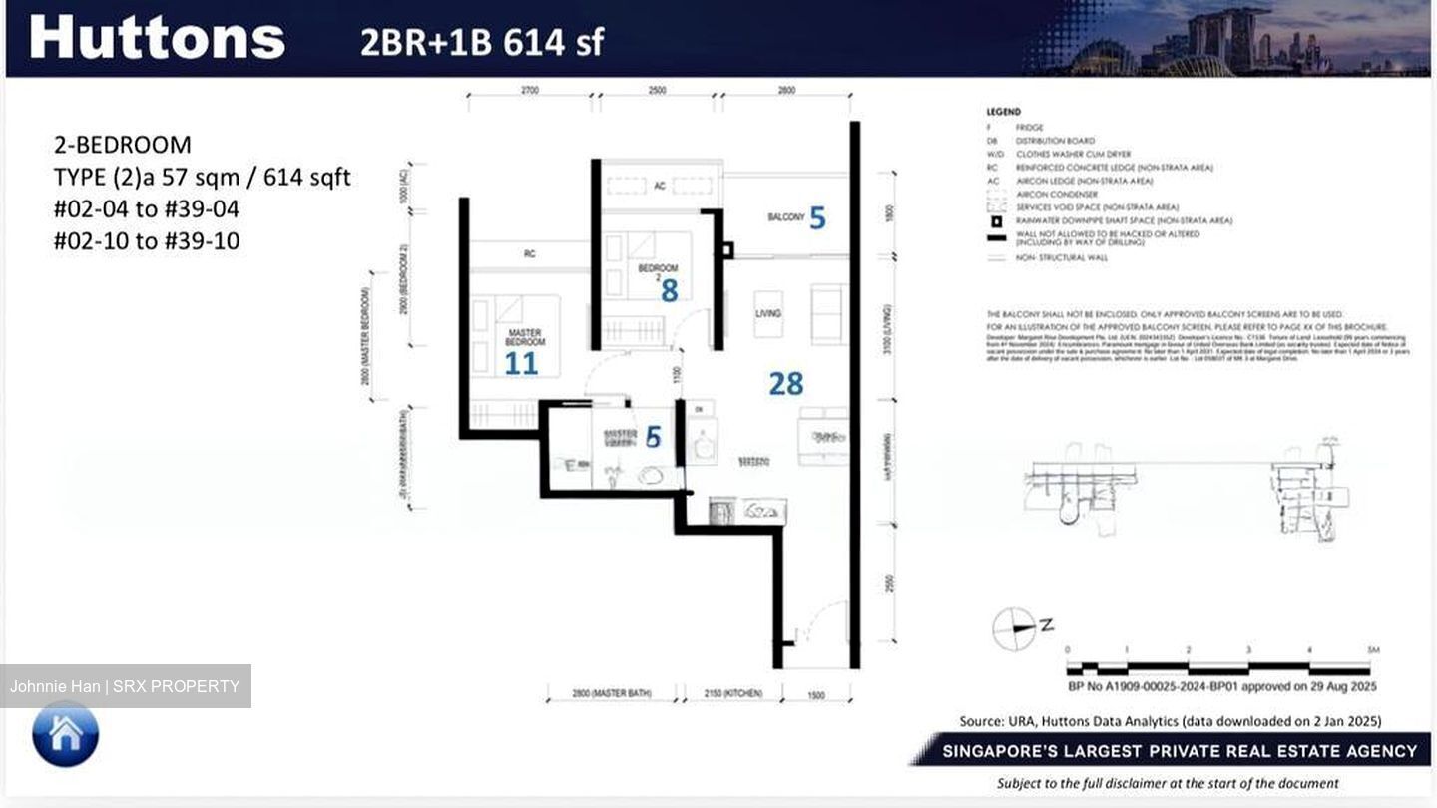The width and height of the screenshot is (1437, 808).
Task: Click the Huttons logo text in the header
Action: click(158, 38)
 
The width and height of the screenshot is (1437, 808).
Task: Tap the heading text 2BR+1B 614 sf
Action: click(482, 42)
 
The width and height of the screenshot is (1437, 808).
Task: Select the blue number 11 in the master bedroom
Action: click(521, 363)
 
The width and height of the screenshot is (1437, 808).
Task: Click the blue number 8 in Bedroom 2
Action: click(669, 290)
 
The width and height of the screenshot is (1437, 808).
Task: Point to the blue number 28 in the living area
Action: click(785, 383)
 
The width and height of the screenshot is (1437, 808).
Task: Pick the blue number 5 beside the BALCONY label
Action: click(817, 217)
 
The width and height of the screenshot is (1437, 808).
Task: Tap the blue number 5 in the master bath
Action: click(653, 437)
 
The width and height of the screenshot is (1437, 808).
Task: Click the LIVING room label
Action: click(767, 313)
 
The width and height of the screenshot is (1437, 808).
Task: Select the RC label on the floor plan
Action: click(529, 254)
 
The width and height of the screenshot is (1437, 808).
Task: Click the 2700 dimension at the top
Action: click(529, 91)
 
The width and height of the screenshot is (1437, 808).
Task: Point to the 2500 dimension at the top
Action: click(657, 91)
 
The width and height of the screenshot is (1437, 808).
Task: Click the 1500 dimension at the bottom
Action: click(815, 695)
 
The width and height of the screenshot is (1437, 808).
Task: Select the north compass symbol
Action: click(1015, 628)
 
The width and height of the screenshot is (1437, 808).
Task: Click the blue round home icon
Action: click(66, 734)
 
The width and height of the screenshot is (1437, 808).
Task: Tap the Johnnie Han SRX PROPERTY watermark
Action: click(125, 686)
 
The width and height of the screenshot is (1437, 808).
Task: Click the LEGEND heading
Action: click(1003, 112)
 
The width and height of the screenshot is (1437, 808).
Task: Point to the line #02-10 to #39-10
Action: click(147, 241)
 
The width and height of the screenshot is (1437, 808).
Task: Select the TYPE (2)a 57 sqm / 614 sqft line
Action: click(202, 178)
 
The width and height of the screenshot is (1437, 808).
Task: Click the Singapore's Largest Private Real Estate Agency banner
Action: click(1173, 751)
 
